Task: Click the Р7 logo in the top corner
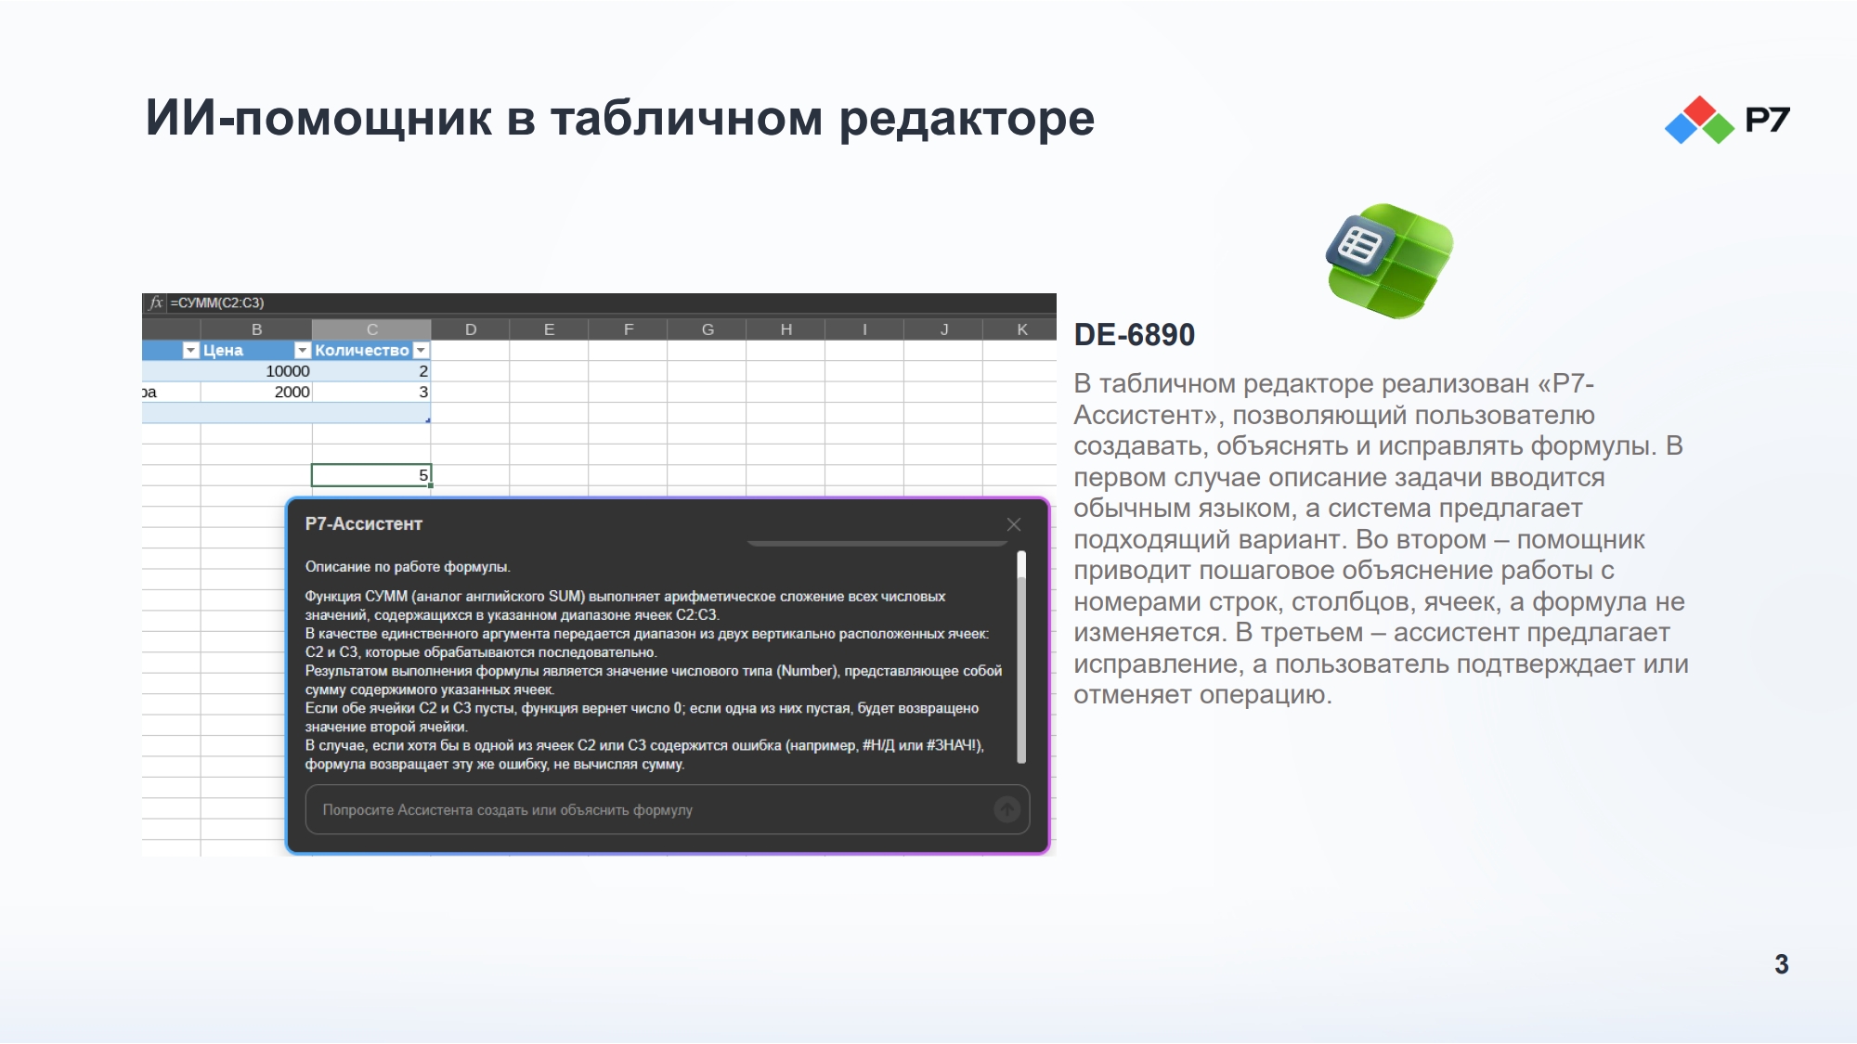pos(1727,120)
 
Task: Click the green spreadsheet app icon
pos(1389,261)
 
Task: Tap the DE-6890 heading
pos(1134,335)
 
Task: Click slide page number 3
pos(1781,964)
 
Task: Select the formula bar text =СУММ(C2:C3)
pos(217,303)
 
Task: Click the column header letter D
pos(471,329)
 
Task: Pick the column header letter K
pos(1022,329)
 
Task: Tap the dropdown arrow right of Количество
pos(421,350)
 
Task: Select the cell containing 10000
pos(256,371)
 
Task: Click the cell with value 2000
pos(256,392)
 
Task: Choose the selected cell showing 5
pos(371,475)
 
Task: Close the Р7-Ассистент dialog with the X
pos(1014,524)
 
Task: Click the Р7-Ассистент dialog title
pos(364,524)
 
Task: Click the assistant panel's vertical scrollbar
pos(1021,657)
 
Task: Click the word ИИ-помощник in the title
pos(319,119)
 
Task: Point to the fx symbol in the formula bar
pos(156,303)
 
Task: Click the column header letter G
pos(708,329)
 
